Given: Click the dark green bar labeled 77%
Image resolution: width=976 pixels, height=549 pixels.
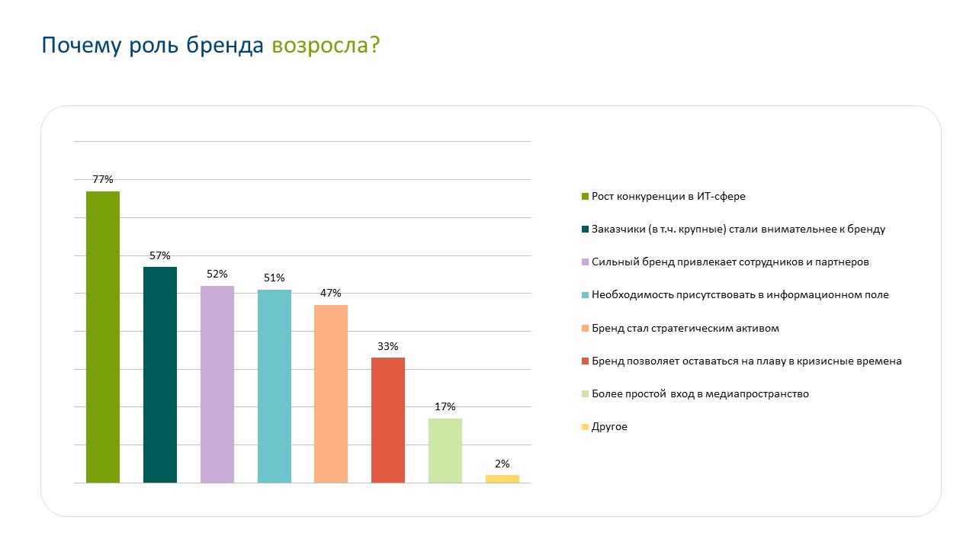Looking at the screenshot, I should (x=102, y=336).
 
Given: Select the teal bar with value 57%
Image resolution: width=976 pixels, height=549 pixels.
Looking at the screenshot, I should (x=159, y=374).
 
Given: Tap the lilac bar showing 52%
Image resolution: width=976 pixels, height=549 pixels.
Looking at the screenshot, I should (x=217, y=384).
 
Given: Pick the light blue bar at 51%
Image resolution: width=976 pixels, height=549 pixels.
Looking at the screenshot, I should (x=274, y=386).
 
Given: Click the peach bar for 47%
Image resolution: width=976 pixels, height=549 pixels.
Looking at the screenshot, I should (x=331, y=393).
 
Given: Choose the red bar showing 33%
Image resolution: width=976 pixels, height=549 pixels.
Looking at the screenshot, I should (x=387, y=419).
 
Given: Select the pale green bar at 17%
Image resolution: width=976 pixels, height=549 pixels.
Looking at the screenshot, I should (x=445, y=450).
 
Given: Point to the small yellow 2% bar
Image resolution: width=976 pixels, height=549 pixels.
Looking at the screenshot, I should (x=502, y=479).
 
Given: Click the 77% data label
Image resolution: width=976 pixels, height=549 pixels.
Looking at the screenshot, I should (x=102, y=179).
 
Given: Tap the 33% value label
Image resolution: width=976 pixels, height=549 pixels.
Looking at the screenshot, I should (x=387, y=346).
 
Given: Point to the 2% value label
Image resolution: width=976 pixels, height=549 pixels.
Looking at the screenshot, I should (x=502, y=464).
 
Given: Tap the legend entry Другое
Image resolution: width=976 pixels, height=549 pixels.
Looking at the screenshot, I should (x=609, y=427).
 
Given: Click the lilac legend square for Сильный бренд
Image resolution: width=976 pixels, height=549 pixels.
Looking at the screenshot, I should (x=585, y=262).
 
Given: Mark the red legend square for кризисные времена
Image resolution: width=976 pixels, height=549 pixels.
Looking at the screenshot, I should (x=585, y=361).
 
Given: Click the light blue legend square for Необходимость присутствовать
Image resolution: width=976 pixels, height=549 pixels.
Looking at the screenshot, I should (x=585, y=295).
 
